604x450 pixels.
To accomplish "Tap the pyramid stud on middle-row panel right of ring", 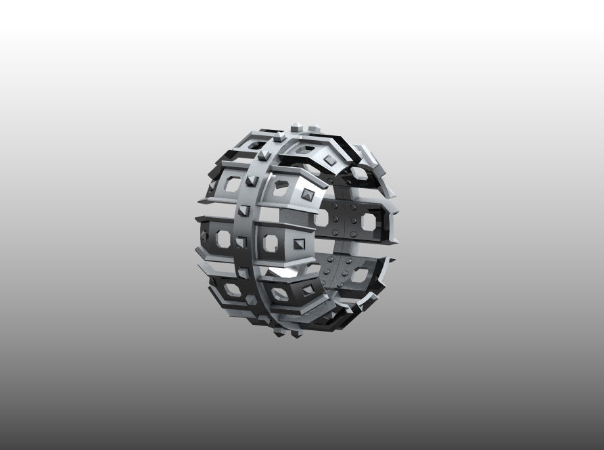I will pos(298,242).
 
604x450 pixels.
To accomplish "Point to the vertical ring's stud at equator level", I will pos(241,242).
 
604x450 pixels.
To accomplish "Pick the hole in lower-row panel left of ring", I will pos(232,290).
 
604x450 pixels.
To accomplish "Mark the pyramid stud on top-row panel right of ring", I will pos(329,159).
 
